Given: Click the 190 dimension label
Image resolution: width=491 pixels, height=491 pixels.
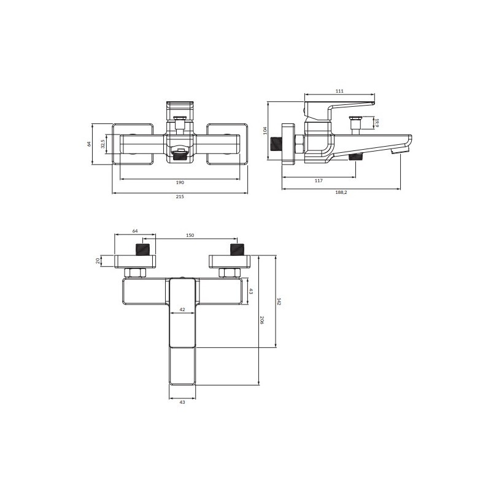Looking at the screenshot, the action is point(180,182).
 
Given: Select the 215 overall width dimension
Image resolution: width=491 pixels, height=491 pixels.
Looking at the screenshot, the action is point(180,196).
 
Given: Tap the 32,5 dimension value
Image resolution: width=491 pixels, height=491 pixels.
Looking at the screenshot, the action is point(102,144).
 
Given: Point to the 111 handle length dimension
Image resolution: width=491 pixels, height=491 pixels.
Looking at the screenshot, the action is point(339,91).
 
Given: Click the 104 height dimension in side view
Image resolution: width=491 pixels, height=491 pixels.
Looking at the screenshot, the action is point(265,131).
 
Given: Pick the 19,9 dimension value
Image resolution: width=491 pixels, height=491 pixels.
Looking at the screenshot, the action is point(377,123).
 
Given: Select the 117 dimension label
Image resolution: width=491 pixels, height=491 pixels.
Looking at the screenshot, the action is point(319,180).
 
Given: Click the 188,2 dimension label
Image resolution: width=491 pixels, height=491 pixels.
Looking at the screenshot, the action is point(341,193).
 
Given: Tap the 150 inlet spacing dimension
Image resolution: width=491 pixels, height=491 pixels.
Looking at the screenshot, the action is point(190,236).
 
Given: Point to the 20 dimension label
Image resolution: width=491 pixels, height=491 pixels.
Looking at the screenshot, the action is point(98,261).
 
